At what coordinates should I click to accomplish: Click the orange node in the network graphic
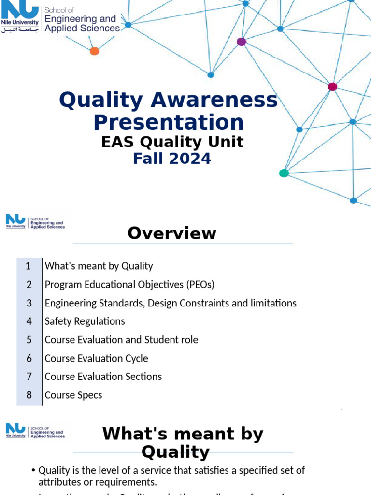[95, 51]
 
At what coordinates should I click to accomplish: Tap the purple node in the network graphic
[242, 42]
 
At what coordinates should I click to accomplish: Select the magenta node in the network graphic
[332, 87]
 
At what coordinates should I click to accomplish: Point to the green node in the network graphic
[284, 173]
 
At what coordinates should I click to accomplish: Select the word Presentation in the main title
[168, 122]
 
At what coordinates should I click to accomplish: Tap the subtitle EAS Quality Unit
[172, 142]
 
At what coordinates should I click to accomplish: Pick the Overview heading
[172, 233]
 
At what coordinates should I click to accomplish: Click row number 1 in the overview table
[29, 266]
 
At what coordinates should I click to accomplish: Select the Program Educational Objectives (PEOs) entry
[129, 284]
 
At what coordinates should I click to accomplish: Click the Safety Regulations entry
[85, 321]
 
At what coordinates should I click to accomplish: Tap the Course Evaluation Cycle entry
[96, 358]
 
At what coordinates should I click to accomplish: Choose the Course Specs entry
[73, 395]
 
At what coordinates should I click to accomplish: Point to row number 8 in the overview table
[29, 395]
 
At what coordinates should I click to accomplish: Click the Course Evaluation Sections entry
[103, 377]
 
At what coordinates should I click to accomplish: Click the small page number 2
[341, 409]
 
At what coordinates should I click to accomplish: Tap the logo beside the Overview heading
[35, 221]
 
